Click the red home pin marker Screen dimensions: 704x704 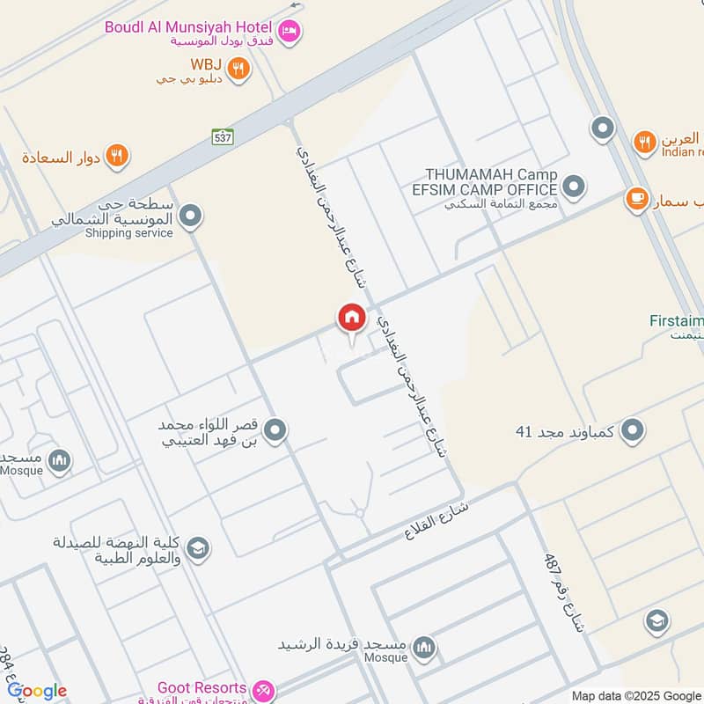(x=351, y=318)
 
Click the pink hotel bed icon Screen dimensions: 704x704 (x=291, y=33)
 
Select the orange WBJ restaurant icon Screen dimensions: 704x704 (x=238, y=68)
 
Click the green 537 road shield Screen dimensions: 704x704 (x=223, y=136)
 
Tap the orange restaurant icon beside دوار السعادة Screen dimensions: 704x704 (x=117, y=157)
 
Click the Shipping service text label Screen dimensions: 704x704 (x=128, y=233)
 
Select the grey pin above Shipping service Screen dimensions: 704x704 (x=191, y=215)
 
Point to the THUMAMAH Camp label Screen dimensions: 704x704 (x=490, y=174)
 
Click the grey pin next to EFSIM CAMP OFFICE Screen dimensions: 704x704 (x=574, y=187)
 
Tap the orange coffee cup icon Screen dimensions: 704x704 (x=635, y=200)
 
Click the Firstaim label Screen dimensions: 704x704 (x=677, y=321)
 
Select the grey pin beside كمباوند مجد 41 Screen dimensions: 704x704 (x=632, y=431)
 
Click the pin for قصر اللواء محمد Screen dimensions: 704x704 (x=276, y=430)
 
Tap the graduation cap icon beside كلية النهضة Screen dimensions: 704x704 (x=198, y=547)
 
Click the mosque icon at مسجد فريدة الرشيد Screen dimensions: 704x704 (x=425, y=648)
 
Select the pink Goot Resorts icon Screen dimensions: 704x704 (x=262, y=689)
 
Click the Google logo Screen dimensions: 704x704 (x=37, y=691)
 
